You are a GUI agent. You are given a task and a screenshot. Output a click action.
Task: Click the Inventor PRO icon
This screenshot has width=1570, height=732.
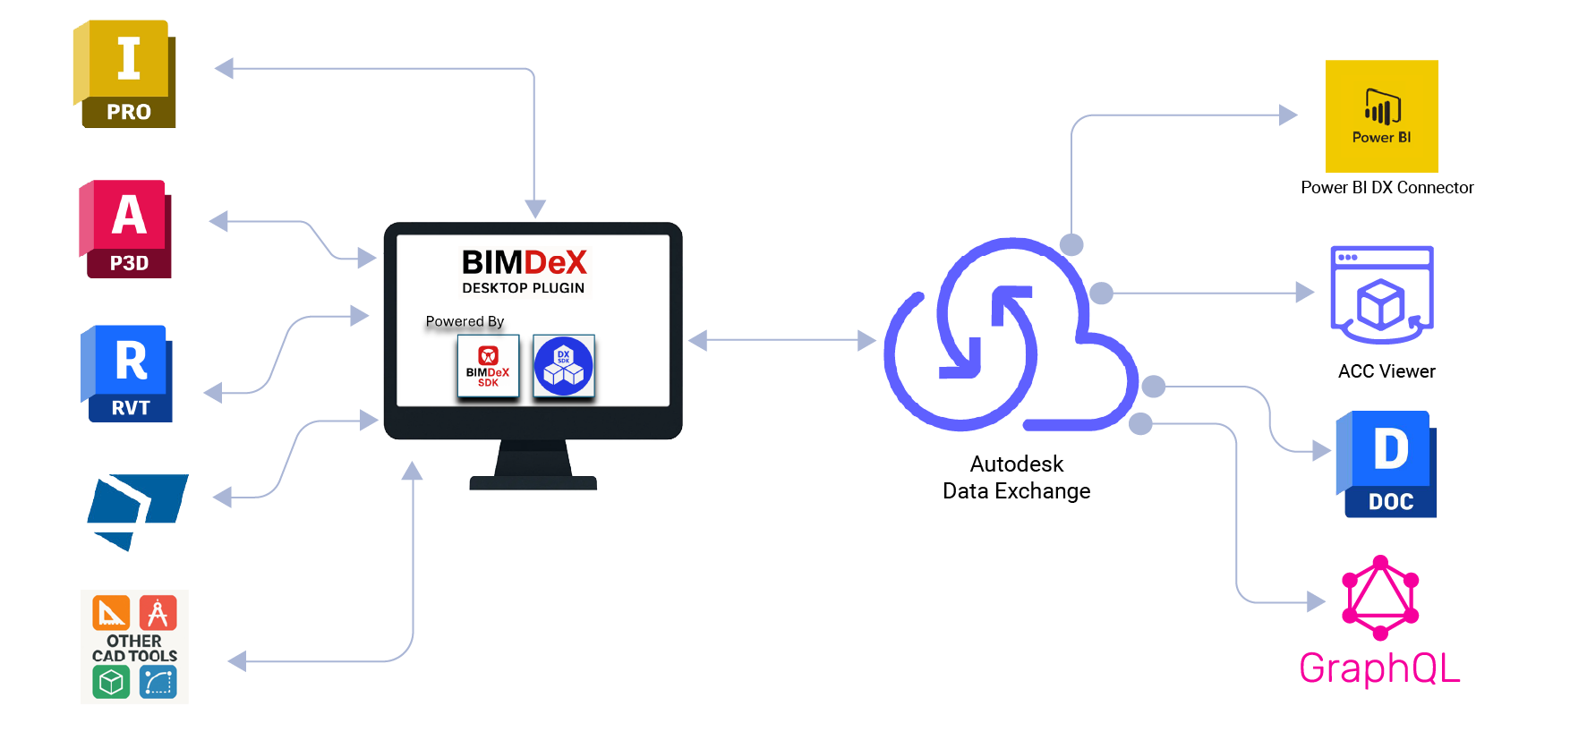point(124,74)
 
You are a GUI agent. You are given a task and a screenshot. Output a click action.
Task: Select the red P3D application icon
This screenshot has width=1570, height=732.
point(125,229)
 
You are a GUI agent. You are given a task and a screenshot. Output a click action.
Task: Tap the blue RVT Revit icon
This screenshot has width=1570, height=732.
point(126,373)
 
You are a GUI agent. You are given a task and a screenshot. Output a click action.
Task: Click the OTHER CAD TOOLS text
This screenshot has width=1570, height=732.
point(134,648)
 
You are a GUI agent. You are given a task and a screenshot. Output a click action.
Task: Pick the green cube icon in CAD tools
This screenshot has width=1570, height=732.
point(111,683)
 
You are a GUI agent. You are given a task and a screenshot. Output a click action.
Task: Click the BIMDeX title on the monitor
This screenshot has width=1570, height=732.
point(525,262)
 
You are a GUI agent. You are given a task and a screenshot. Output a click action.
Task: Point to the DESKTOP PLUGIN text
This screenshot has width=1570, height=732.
point(524,288)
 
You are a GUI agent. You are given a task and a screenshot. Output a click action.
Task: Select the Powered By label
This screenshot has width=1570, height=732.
point(465,321)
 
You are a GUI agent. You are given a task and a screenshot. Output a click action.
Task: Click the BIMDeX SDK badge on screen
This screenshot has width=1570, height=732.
point(488,365)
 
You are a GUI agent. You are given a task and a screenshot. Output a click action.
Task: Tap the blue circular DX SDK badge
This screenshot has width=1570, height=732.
point(564,365)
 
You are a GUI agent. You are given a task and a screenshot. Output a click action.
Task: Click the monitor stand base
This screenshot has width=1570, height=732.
point(533,483)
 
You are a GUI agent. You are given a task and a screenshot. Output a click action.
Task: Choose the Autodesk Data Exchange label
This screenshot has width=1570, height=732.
point(1017,477)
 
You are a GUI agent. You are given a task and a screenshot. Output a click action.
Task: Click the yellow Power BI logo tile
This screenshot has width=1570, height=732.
point(1382,116)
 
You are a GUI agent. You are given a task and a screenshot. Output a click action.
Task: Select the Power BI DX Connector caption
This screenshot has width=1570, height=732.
point(1387,187)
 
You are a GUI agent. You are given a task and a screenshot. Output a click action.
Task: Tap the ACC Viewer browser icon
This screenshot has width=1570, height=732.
point(1382,294)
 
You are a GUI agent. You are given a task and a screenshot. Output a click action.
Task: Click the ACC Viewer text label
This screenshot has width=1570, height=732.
point(1387,371)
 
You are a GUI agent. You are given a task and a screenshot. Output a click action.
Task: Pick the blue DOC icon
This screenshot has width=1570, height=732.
point(1387,464)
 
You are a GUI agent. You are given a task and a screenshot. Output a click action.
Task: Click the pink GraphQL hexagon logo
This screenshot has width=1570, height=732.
point(1380,598)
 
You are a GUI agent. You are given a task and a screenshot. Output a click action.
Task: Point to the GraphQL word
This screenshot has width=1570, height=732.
point(1379,668)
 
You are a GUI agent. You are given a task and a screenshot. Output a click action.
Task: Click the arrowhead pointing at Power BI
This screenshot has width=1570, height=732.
point(1288,115)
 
